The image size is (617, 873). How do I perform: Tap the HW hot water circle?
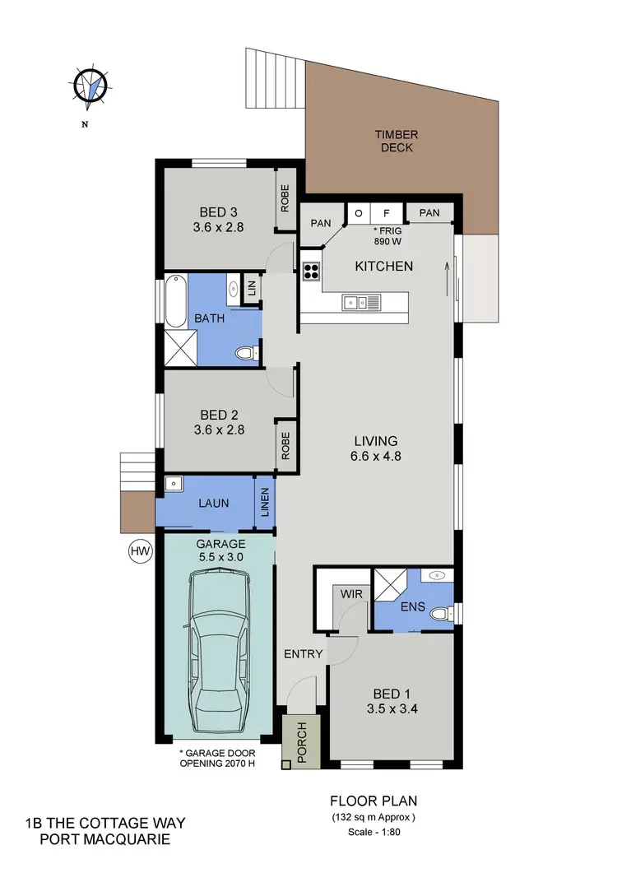tap(141, 550)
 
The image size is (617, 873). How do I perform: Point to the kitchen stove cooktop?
tap(312, 271)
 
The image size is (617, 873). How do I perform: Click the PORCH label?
tap(300, 741)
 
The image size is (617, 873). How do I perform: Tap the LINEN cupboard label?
tap(265, 502)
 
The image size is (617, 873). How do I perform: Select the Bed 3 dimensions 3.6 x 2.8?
tap(218, 228)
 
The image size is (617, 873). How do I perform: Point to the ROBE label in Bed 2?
tap(285, 445)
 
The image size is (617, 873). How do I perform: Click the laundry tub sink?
tap(174, 485)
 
